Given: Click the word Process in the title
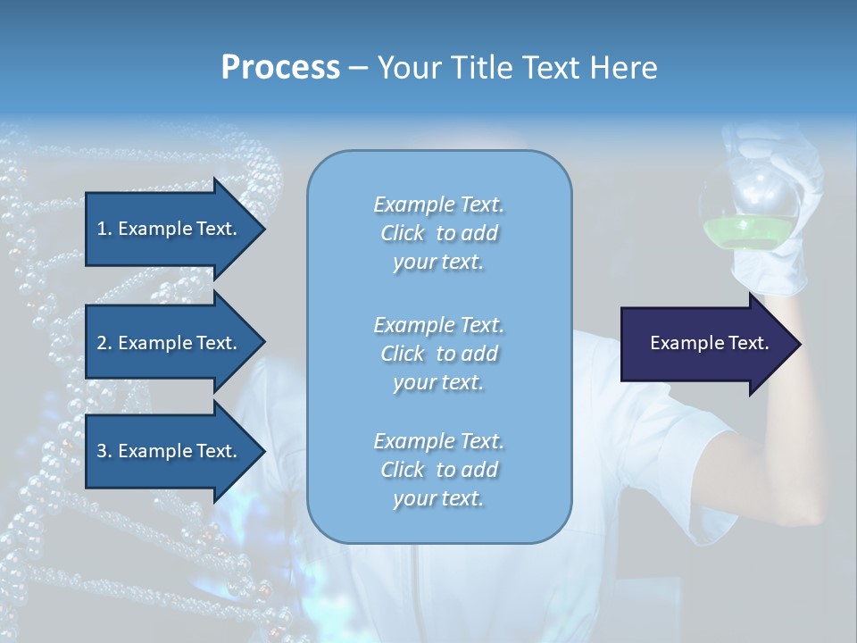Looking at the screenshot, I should point(280,68).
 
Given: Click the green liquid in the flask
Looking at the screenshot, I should point(750,233).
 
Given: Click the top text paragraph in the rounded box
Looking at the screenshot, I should point(438,233).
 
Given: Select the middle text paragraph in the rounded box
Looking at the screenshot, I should point(438,354).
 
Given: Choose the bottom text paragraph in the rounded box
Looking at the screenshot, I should point(438,470).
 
